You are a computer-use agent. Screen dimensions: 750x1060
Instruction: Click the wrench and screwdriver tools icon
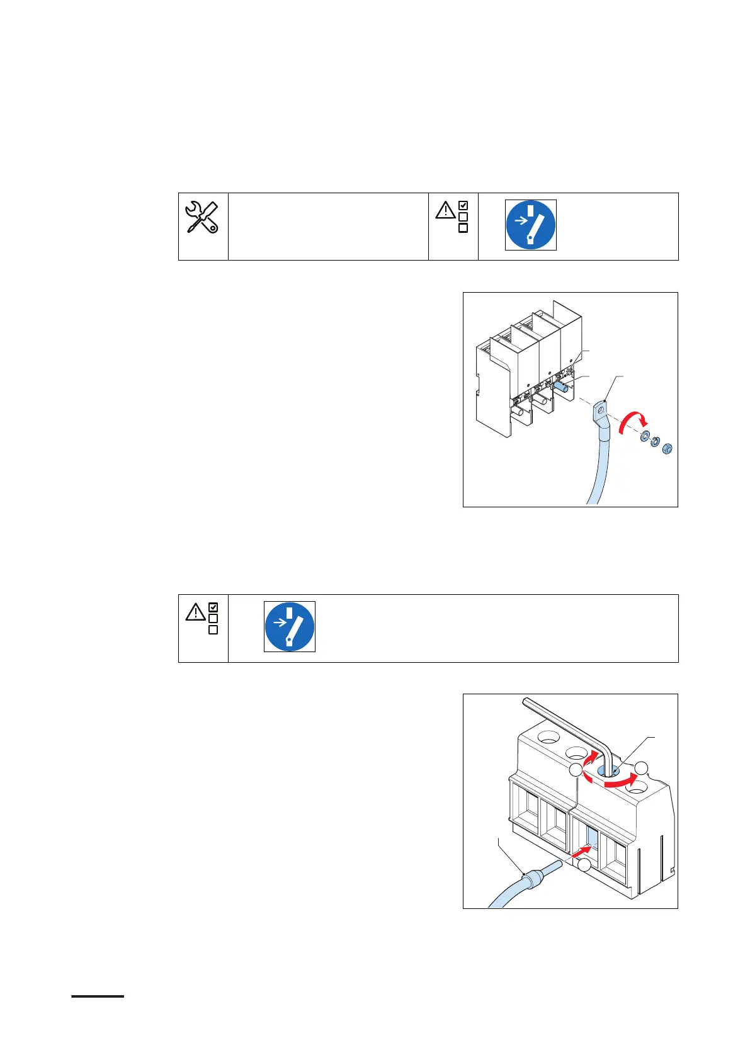coord(202,218)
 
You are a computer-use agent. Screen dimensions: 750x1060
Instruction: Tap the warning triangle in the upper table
coord(445,210)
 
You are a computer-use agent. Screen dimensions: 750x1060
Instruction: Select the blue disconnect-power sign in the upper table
coord(530,225)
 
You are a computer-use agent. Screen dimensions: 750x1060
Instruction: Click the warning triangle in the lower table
coord(195,611)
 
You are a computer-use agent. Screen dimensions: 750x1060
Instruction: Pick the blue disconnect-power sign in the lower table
coord(289,626)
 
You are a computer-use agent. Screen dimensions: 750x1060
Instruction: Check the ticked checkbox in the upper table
coord(463,205)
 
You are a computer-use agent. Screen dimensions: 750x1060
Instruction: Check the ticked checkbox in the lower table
coord(213,607)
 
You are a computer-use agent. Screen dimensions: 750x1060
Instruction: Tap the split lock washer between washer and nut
coord(655,443)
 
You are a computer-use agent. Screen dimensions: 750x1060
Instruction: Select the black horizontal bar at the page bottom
coord(98,996)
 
